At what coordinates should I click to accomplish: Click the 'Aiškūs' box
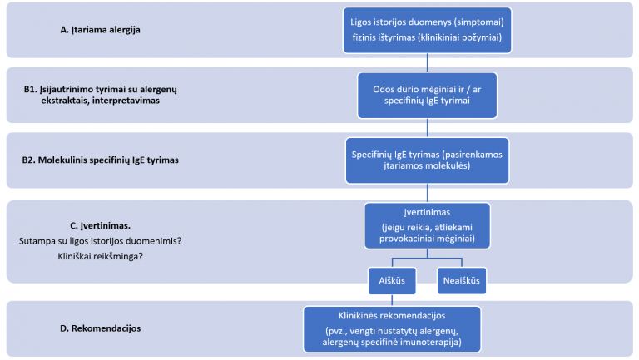coord(392,280)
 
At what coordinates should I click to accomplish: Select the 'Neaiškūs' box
coord(462,280)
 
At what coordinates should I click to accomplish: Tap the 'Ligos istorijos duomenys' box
coord(427,30)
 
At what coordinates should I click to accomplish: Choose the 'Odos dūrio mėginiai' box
coord(427,96)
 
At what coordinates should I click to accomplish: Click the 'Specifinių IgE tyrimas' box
coord(427,160)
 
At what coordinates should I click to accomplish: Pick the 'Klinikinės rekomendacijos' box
coord(392,329)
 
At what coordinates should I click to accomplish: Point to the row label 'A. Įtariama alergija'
coord(100,30)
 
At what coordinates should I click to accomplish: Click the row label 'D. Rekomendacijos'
coord(100,328)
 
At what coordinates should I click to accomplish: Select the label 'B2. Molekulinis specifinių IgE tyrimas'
coord(100,160)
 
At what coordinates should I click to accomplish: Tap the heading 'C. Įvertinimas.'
coord(100,225)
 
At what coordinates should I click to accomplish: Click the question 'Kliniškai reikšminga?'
coord(100,257)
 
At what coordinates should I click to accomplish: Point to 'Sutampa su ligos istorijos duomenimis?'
coord(100,241)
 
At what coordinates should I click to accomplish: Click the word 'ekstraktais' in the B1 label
coord(64,100)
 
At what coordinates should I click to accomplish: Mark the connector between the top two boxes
coord(427,63)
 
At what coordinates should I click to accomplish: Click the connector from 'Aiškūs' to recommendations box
coord(392,300)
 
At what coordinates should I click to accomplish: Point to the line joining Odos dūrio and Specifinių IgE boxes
coord(427,128)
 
